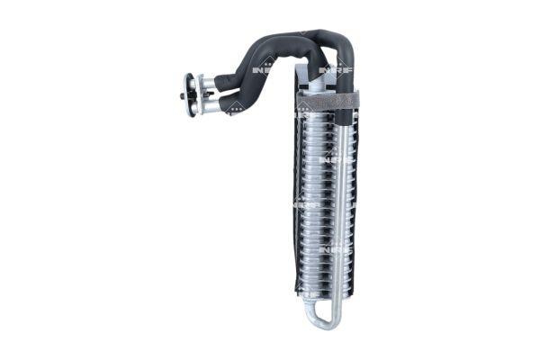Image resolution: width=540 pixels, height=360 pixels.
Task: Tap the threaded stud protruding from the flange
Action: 182,94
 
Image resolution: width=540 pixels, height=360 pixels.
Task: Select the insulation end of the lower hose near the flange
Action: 228,103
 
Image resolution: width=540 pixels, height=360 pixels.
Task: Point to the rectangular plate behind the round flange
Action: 198,94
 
